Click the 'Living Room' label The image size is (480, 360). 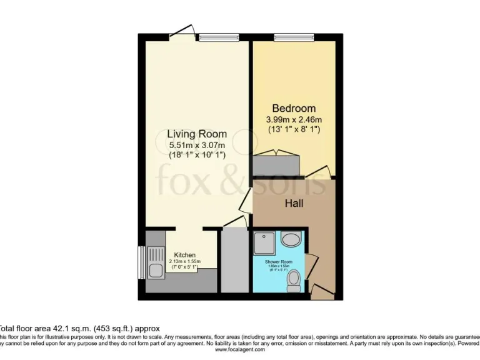pyautogui.click(x=197, y=134)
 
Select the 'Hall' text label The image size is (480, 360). pyautogui.click(x=294, y=203)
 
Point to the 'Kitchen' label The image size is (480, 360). pyautogui.click(x=185, y=255)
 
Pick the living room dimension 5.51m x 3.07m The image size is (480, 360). pyautogui.click(x=197, y=145)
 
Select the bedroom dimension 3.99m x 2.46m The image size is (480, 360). pyautogui.click(x=294, y=119)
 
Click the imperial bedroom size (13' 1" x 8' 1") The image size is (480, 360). pyautogui.click(x=294, y=129)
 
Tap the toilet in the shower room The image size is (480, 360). pyautogui.click(x=292, y=281)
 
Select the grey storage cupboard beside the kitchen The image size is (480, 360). pyautogui.click(x=235, y=260)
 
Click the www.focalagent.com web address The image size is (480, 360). pyautogui.click(x=240, y=350)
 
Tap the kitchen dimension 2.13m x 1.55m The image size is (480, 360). pyautogui.click(x=185, y=262)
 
